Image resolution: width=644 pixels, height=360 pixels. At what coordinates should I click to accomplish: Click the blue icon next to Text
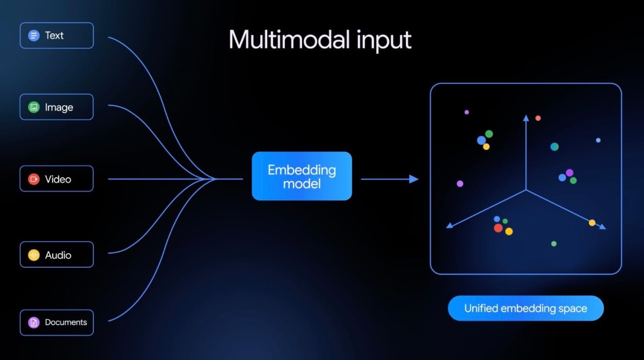click(x=34, y=36)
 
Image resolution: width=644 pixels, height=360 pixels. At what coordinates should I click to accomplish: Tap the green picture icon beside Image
click(x=34, y=107)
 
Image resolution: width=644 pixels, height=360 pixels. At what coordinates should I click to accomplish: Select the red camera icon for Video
click(x=34, y=179)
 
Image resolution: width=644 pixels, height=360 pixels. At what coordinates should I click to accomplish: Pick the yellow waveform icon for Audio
click(x=34, y=255)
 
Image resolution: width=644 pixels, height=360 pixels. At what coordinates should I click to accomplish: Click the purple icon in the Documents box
click(x=34, y=322)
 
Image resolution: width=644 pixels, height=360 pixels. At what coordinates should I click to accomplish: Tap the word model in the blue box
click(x=302, y=184)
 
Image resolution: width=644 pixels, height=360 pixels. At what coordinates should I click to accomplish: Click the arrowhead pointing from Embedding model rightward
click(x=414, y=179)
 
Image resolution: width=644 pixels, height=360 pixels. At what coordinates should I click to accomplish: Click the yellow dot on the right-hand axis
click(x=592, y=223)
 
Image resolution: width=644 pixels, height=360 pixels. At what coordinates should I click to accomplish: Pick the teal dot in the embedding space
click(x=554, y=146)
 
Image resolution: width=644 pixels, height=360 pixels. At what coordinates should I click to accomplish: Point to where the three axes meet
click(x=526, y=190)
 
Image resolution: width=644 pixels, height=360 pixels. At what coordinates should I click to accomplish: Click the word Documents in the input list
click(x=66, y=322)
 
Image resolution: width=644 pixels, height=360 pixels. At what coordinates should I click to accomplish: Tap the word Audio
click(x=58, y=255)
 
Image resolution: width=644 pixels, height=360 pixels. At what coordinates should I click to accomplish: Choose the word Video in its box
click(x=58, y=179)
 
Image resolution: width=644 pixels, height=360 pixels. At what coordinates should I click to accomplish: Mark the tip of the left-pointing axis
click(x=448, y=227)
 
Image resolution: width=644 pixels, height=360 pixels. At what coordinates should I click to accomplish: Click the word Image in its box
click(x=59, y=107)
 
